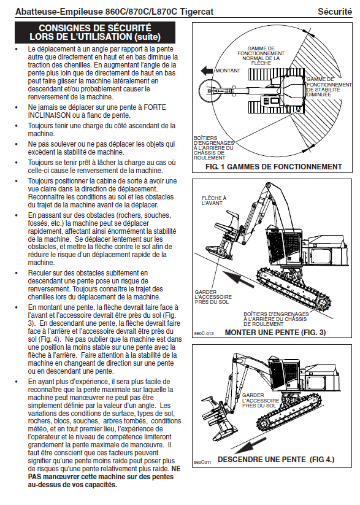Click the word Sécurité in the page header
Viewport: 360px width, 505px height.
335,12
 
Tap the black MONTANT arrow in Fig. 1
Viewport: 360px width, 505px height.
207,71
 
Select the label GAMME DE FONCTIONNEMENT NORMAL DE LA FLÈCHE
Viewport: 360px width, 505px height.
261,56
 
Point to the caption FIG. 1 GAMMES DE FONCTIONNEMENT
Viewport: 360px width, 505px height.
274,167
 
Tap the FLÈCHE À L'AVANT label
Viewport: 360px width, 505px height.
214,201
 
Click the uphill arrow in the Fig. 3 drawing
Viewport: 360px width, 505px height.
239,278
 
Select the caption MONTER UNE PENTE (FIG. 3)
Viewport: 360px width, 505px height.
275,333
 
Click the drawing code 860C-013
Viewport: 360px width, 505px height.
204,333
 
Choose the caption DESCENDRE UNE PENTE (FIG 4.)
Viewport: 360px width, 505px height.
276,460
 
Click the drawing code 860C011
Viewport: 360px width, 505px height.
202,463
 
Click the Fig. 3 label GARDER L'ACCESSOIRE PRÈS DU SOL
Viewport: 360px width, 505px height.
213,297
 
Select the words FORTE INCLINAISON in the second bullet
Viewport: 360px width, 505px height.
97,111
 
